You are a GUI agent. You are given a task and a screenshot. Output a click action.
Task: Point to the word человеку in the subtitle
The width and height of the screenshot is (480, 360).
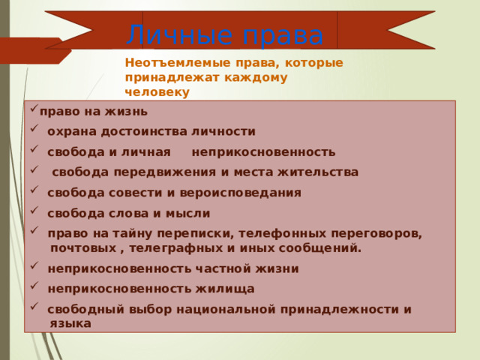click(157, 91)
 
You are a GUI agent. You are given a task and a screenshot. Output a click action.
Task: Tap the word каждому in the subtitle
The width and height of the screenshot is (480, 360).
click(256, 77)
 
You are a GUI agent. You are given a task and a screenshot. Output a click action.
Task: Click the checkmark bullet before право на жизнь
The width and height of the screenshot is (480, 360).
click(34, 111)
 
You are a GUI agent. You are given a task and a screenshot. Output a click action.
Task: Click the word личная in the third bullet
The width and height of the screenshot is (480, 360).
click(146, 152)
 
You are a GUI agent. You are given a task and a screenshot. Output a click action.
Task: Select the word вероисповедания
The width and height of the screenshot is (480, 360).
click(247, 193)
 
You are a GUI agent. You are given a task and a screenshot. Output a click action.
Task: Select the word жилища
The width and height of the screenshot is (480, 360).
click(227, 289)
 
